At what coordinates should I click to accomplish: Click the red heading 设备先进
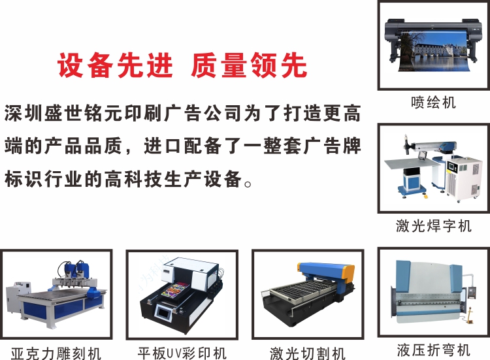click(x=116, y=65)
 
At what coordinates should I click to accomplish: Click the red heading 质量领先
click(x=248, y=65)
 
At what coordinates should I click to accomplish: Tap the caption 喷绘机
click(x=433, y=103)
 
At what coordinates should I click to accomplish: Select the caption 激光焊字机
click(x=433, y=226)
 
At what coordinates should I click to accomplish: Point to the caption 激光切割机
click(x=308, y=353)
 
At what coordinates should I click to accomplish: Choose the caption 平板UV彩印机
click(x=182, y=353)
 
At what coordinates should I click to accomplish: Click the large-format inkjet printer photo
click(x=433, y=44)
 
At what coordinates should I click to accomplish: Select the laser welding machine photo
click(x=433, y=168)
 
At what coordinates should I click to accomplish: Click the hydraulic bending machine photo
click(x=433, y=291)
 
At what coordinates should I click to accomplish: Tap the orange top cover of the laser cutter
click(x=327, y=269)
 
